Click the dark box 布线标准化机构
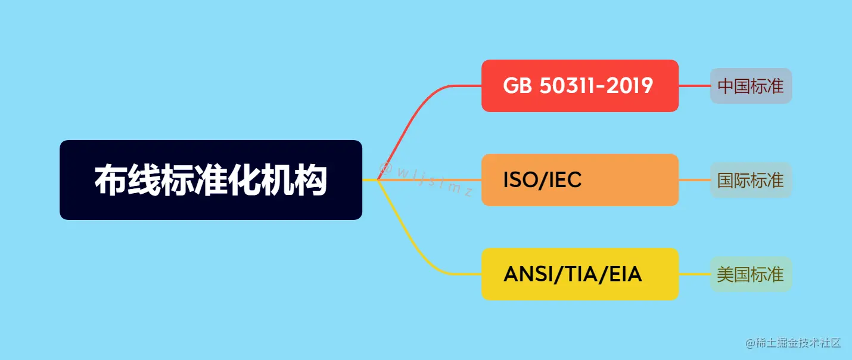click(211, 180)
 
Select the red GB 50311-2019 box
click(580, 86)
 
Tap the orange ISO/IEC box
click(580, 180)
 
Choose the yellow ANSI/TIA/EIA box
click(580, 274)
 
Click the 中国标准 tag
click(751, 86)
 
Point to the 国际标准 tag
click(751, 180)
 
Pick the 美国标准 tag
click(751, 274)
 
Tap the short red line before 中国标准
click(694, 86)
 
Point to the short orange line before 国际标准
click(694, 180)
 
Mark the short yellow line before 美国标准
click(694, 274)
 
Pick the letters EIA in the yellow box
click(623, 274)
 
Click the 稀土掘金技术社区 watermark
click(792, 343)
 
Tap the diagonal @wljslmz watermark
click(427, 179)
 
